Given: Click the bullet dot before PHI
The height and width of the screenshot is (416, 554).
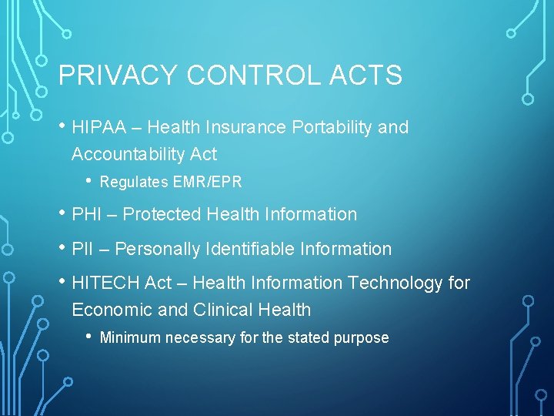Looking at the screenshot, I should [x=62, y=213].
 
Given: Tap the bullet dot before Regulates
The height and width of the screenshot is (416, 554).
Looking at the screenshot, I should [x=90, y=181].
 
